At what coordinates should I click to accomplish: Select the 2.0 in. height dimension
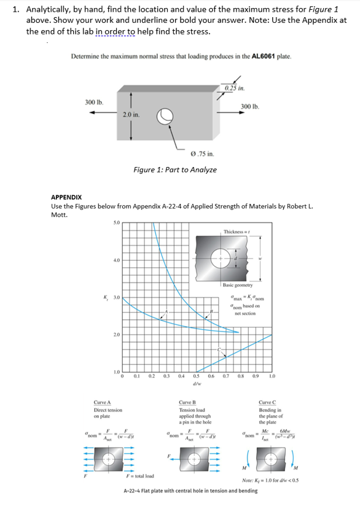click(x=131, y=115)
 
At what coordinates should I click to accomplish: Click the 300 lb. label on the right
click(x=251, y=106)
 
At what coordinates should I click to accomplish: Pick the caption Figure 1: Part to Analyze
click(x=175, y=169)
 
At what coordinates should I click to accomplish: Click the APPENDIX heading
click(x=68, y=198)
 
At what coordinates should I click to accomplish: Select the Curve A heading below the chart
click(x=102, y=402)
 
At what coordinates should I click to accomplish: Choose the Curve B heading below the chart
click(x=187, y=402)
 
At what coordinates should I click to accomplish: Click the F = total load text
click(x=140, y=476)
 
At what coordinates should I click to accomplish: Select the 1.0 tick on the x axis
click(x=272, y=376)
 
